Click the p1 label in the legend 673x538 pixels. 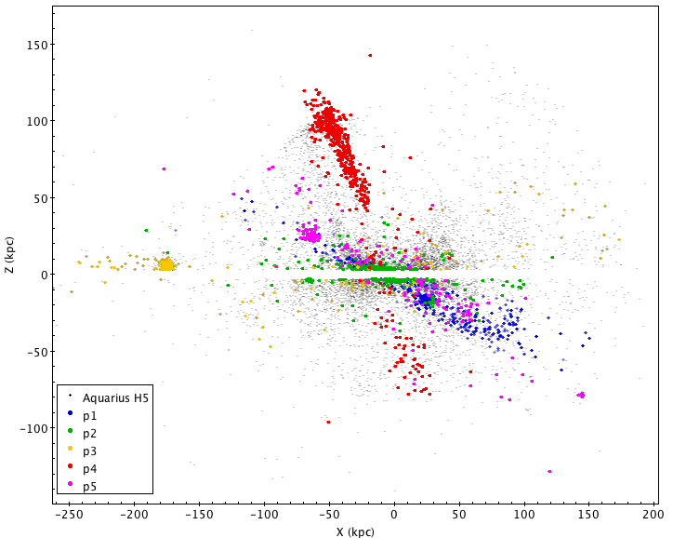89,414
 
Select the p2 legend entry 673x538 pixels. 89,432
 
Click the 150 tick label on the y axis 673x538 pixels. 38,45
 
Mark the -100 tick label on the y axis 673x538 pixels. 35,428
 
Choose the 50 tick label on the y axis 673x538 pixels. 41,198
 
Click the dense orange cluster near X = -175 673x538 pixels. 166,265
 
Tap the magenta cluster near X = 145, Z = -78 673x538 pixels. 581,395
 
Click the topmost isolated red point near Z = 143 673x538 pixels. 369,55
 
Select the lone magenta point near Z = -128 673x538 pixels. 549,471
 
